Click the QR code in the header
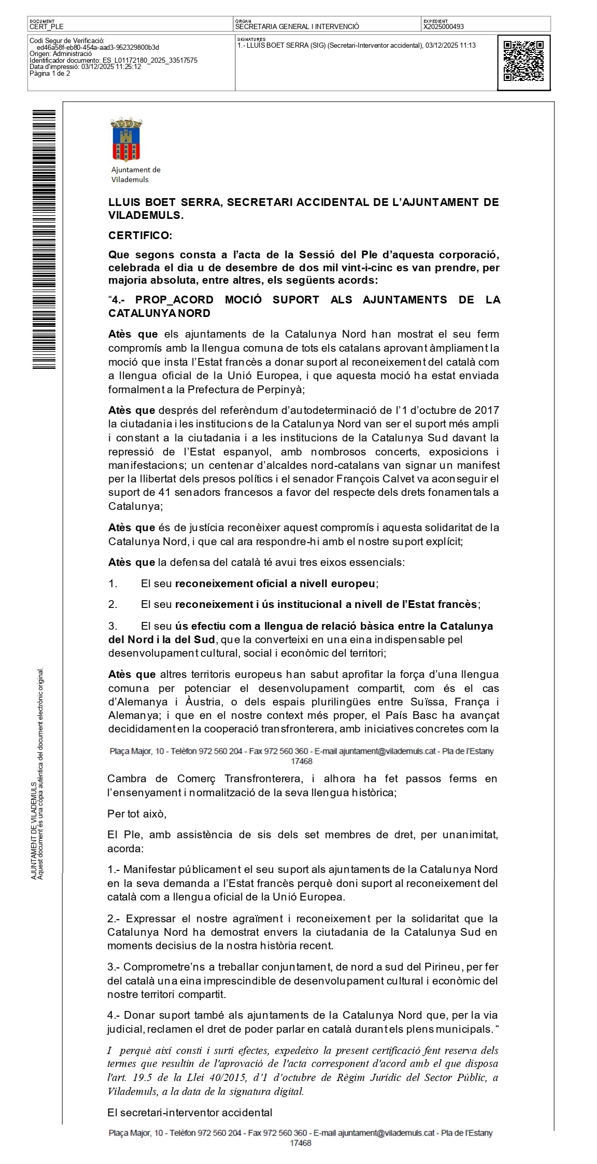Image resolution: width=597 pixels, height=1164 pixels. pyautogui.click(x=523, y=61)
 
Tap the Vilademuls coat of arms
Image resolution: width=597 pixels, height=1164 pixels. pyautogui.click(x=126, y=140)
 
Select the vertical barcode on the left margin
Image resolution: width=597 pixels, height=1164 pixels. pyautogui.click(x=44, y=239)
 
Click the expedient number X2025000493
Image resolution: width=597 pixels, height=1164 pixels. pyautogui.click(x=443, y=26)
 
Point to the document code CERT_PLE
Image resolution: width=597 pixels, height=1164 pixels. pyautogui.click(x=47, y=26)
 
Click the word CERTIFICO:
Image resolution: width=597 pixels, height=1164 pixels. pyautogui.click(x=140, y=235)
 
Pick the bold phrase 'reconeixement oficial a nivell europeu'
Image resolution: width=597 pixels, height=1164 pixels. pyautogui.click(x=275, y=584)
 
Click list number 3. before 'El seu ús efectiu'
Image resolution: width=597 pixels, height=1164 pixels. pyautogui.click(x=113, y=626)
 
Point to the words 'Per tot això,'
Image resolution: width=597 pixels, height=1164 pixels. pyautogui.click(x=137, y=813)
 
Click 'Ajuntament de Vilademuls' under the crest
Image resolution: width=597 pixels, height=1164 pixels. pyautogui.click(x=136, y=175)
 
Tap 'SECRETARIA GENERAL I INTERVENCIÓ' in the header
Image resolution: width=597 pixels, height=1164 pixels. pyautogui.click(x=297, y=26)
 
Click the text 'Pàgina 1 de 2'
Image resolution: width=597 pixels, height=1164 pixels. pyautogui.click(x=50, y=74)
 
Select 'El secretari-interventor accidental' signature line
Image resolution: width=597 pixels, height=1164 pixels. pyautogui.click(x=190, y=1112)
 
